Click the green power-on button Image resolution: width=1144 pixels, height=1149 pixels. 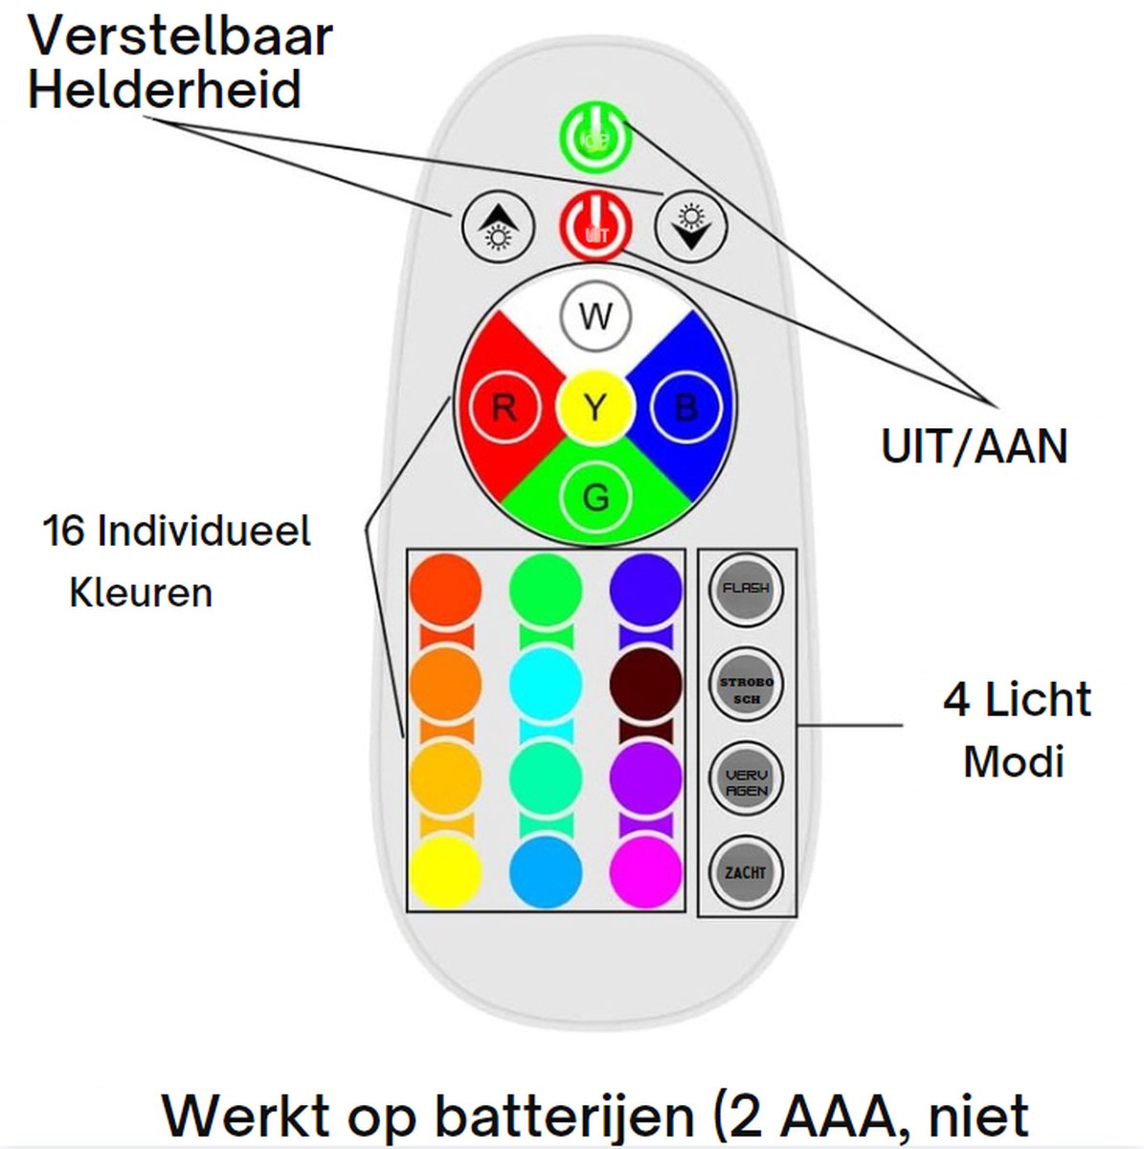(594, 140)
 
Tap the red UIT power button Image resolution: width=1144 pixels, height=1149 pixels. (594, 227)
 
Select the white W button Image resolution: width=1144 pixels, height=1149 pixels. (594, 316)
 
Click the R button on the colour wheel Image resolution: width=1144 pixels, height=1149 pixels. (504, 409)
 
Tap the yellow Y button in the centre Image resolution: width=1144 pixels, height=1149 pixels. (594, 409)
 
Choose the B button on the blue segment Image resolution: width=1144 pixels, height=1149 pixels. (685, 409)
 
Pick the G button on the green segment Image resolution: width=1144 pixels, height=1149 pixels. (594, 498)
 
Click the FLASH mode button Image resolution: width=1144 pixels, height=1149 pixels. (746, 589)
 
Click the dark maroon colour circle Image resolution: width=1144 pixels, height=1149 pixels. (646, 684)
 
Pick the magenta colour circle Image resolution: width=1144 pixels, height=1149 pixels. (646, 872)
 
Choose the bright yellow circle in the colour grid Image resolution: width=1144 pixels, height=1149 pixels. (445, 872)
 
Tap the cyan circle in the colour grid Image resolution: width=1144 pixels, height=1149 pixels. (546, 684)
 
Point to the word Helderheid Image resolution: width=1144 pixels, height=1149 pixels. (165, 90)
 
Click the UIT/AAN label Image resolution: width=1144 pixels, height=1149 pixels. (974, 447)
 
